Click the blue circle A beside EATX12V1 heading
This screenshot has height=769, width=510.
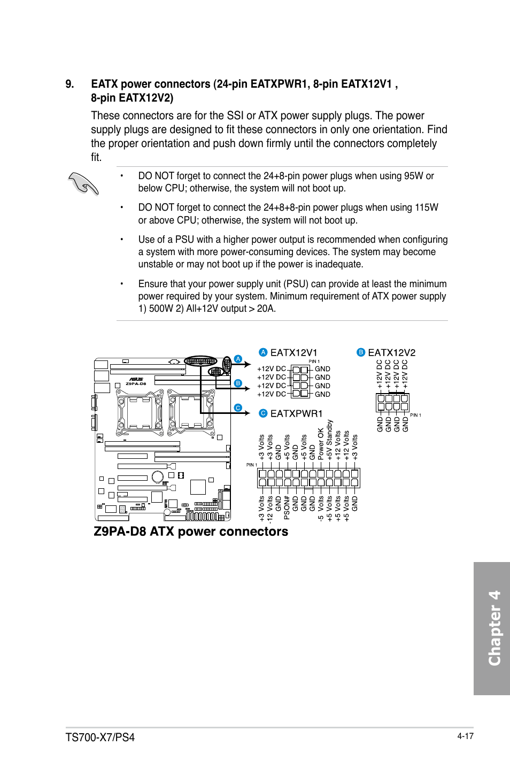point(262,352)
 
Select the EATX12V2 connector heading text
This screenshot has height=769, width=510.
point(391,352)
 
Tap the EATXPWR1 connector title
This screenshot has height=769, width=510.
point(296,413)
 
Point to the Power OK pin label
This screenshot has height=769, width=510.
point(321,444)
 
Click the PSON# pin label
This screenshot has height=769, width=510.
point(287,507)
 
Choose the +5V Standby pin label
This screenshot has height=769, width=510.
point(329,440)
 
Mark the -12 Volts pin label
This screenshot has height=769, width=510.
point(270,510)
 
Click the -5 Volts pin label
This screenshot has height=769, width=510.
point(321,509)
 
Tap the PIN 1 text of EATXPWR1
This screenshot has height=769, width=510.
point(251,465)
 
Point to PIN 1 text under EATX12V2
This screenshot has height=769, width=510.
point(415,415)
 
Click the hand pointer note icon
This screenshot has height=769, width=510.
point(84,184)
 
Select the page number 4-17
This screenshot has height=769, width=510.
point(465,736)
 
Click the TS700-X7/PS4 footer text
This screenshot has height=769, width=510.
point(100,737)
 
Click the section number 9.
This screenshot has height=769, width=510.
point(69,84)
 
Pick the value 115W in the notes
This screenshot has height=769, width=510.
point(426,207)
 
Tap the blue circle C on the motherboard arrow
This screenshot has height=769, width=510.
point(238,408)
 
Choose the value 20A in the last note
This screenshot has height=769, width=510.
point(266,309)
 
